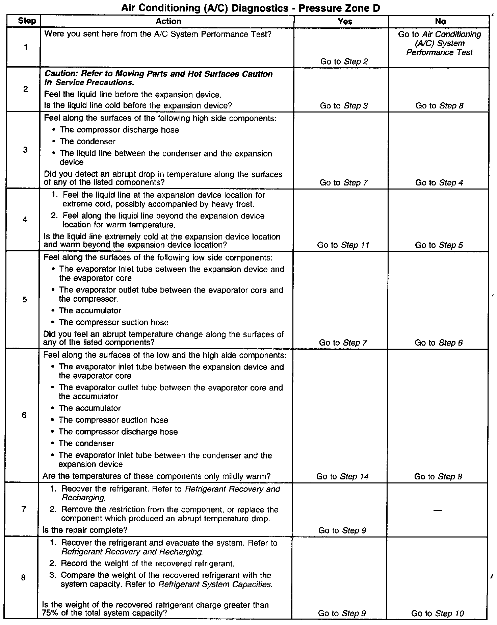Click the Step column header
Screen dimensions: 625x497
pyautogui.click(x=27, y=21)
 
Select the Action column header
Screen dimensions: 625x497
pyautogui.click(x=168, y=21)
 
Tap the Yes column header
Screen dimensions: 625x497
pyautogui.click(x=345, y=22)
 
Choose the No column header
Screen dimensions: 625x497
pyautogui.click(x=440, y=22)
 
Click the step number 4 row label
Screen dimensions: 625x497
pyautogui.click(x=25, y=220)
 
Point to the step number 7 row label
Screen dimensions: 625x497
pyautogui.click(x=24, y=509)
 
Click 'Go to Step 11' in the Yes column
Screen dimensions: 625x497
pyautogui.click(x=343, y=245)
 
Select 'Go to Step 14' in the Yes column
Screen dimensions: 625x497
pyautogui.click(x=342, y=476)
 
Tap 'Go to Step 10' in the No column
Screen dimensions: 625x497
pyautogui.click(x=438, y=613)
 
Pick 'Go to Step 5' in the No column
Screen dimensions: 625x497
pyautogui.click(x=439, y=245)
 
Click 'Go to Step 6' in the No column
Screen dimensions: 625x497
pyautogui.click(x=439, y=343)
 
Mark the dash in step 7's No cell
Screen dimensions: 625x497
pyautogui.click(x=438, y=510)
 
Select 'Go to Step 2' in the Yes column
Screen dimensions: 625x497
pyautogui.click(x=344, y=61)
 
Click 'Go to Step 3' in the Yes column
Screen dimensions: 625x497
pyautogui.click(x=344, y=106)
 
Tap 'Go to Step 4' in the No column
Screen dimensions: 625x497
pyautogui.click(x=439, y=183)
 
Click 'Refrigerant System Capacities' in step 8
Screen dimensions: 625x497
pyautogui.click(x=215, y=584)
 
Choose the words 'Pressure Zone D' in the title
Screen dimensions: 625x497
pyautogui.click(x=339, y=8)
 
